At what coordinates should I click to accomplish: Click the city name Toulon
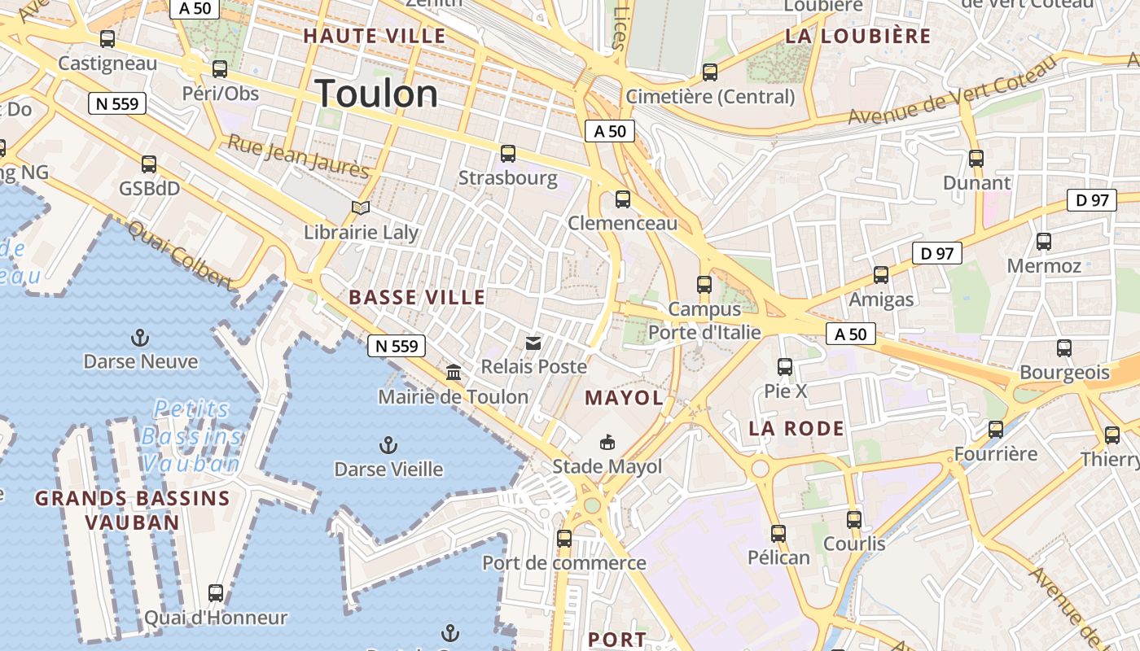376,94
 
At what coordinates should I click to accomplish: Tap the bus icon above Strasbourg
508,153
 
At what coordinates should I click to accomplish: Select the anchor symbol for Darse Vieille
388,445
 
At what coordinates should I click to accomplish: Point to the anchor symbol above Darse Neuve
140,337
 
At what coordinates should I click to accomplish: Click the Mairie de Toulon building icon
454,373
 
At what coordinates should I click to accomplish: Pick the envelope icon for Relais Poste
533,343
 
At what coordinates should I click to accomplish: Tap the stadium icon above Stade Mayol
607,443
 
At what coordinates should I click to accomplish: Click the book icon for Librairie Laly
360,208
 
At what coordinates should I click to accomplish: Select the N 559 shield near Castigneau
117,103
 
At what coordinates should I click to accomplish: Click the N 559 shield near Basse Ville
397,346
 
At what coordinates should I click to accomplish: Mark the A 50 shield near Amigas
850,334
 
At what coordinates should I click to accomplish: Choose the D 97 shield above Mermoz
1092,200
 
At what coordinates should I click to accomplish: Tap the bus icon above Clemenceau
623,199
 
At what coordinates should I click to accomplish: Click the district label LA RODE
796,428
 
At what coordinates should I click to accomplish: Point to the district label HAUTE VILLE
375,36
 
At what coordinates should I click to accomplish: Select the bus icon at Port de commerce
564,538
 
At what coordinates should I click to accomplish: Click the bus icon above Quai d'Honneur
216,593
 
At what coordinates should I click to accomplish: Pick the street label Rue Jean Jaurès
298,155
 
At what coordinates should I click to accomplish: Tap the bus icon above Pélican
778,534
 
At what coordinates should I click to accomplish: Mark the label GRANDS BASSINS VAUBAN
132,510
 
